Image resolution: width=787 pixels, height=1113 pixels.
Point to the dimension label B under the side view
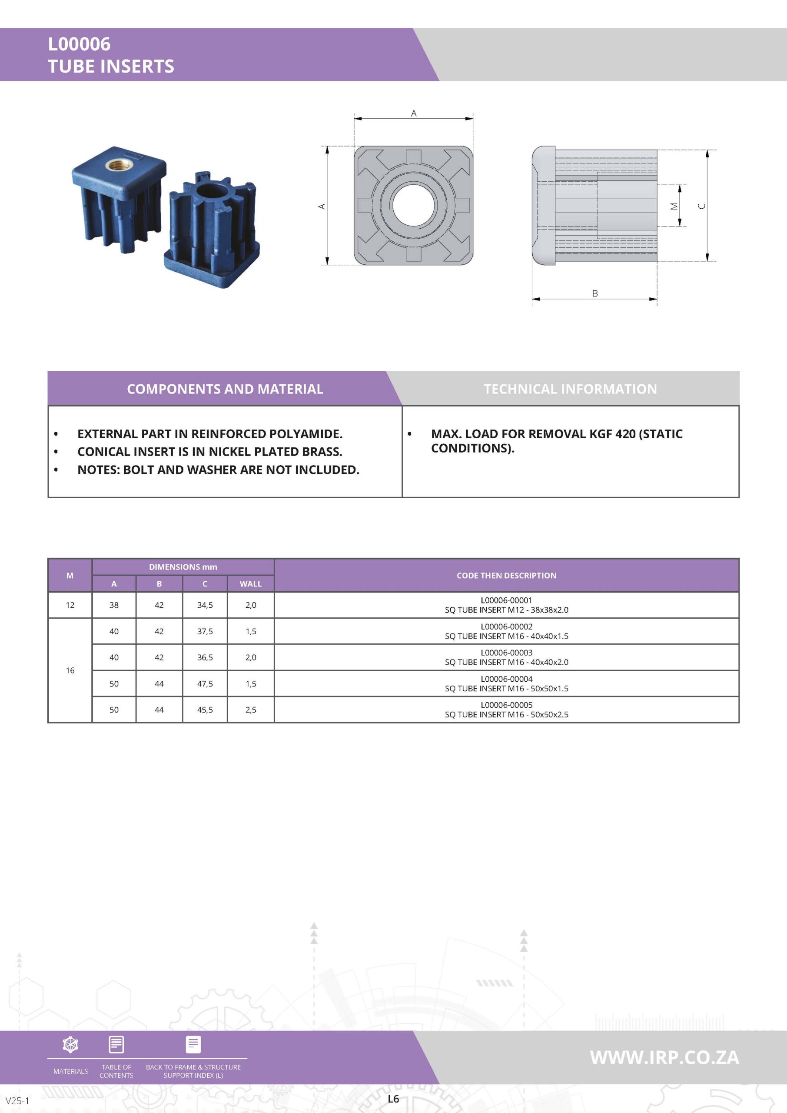click(x=594, y=293)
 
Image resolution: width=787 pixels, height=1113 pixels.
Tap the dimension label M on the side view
click(x=673, y=206)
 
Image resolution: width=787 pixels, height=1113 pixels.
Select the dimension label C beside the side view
click(x=701, y=206)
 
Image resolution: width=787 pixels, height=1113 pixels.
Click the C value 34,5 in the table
click(x=205, y=605)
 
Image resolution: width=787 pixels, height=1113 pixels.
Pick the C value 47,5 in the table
click(x=205, y=683)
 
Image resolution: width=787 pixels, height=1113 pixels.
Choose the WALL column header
click(x=251, y=583)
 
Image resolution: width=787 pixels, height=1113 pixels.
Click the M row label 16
click(x=70, y=670)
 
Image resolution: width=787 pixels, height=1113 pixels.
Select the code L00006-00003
click(x=506, y=653)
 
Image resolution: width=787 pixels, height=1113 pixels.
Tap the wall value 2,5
click(x=251, y=710)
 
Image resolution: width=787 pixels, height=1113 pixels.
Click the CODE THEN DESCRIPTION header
click(x=506, y=575)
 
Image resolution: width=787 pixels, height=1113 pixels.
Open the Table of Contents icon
click(x=116, y=1044)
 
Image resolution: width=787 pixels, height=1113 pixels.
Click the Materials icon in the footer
click(x=71, y=1044)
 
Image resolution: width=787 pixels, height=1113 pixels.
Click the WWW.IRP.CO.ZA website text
click(x=664, y=1057)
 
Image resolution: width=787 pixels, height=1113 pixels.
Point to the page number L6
click(x=393, y=1099)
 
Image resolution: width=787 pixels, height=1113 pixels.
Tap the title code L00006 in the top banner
click(x=79, y=44)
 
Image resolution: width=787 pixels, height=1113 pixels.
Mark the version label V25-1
click(x=17, y=1100)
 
